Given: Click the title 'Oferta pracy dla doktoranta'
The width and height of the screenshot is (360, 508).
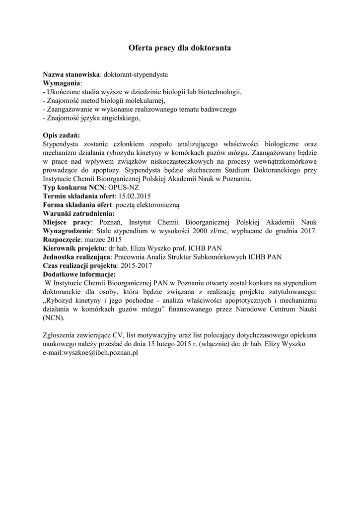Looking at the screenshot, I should point(180,48).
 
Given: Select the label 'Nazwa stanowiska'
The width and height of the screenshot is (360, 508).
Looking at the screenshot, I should point(72,74).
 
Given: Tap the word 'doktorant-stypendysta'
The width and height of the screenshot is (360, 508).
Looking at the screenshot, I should point(136,74).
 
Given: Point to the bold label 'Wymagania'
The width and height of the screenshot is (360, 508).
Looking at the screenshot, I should point(62,83).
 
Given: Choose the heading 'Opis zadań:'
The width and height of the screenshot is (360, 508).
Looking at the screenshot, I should point(61,135).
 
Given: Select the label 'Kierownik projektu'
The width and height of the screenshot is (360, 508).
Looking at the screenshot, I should point(73,248).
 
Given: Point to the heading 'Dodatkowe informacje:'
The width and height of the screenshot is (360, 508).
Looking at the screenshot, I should point(79,274).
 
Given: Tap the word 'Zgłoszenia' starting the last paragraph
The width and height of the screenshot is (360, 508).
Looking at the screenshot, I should point(60,335).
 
